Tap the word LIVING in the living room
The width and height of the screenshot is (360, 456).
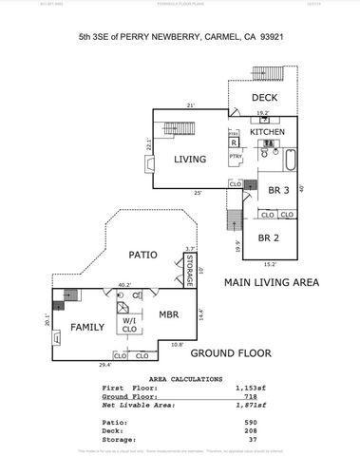pyautogui.click(x=190, y=160)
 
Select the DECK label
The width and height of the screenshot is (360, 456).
pyautogui.click(x=265, y=98)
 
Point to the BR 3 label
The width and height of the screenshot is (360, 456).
pyautogui.click(x=278, y=190)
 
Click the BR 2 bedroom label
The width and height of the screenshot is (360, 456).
pyautogui.click(x=268, y=238)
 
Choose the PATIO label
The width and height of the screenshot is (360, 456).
pyautogui.click(x=142, y=255)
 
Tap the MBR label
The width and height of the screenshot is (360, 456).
pyautogui.click(x=168, y=314)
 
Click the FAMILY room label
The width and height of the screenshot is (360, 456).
pyautogui.click(x=87, y=327)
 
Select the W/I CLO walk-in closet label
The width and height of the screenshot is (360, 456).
pyautogui.click(x=128, y=326)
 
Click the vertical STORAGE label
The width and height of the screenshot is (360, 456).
pyautogui.click(x=190, y=270)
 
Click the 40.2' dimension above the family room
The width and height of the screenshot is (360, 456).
pyautogui.click(x=123, y=283)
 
